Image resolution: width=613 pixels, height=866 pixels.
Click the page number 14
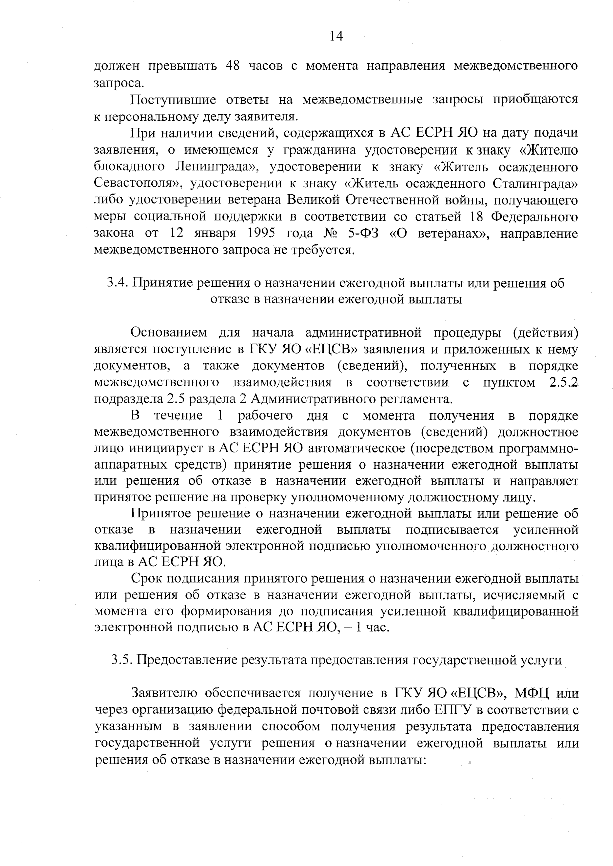point(336,36)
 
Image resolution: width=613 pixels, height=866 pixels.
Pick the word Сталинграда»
point(535,184)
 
